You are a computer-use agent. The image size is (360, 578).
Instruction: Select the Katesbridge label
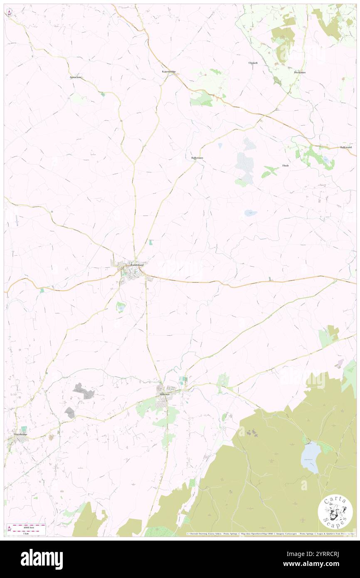(x=169, y=72)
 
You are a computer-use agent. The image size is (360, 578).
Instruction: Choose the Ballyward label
(x=345, y=147)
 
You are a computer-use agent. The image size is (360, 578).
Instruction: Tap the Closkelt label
(x=253, y=63)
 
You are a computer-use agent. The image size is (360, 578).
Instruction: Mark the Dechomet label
(x=300, y=72)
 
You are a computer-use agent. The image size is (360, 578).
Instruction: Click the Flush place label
(x=285, y=165)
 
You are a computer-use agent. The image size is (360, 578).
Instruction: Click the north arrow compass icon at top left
(x=9, y=13)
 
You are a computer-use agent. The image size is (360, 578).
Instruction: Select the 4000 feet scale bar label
(x=29, y=526)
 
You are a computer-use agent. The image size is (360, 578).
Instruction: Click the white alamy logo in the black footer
(x=42, y=559)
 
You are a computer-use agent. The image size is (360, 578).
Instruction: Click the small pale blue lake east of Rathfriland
(x=250, y=213)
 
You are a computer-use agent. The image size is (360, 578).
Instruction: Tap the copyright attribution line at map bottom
(x=270, y=534)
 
